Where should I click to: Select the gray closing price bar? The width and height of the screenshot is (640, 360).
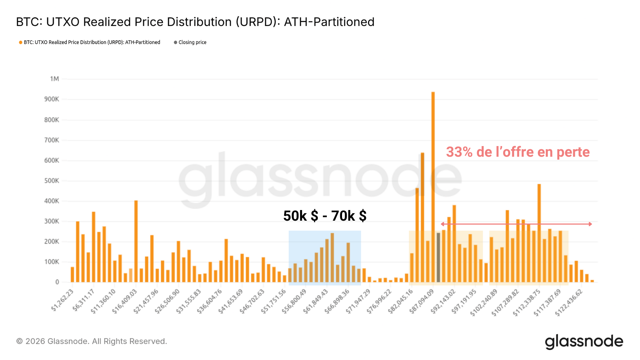pos(438,257)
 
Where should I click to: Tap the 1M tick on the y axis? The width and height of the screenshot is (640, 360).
pos(54,79)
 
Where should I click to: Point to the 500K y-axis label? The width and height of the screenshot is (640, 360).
pos(52,181)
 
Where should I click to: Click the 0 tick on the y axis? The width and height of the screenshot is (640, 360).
pos(57,282)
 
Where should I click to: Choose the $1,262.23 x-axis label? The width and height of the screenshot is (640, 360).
pos(63,300)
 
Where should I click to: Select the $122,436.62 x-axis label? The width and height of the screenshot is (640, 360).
pos(569,302)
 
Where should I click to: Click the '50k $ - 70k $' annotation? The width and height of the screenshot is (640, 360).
pos(325,216)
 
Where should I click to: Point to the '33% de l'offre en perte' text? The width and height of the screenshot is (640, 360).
pos(518,152)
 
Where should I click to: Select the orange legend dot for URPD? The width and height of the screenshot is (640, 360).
pos(21,42)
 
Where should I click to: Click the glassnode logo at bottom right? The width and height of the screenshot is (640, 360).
pos(584,342)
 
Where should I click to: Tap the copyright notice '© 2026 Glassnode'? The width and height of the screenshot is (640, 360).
pos(91,342)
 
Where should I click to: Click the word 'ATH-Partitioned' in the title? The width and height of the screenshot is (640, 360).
pos(329,22)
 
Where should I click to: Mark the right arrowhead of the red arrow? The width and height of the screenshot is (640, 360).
pos(590,224)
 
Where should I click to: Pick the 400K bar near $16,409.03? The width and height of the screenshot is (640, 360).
pos(136,241)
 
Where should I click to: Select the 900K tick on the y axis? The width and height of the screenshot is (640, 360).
pos(52,99)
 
